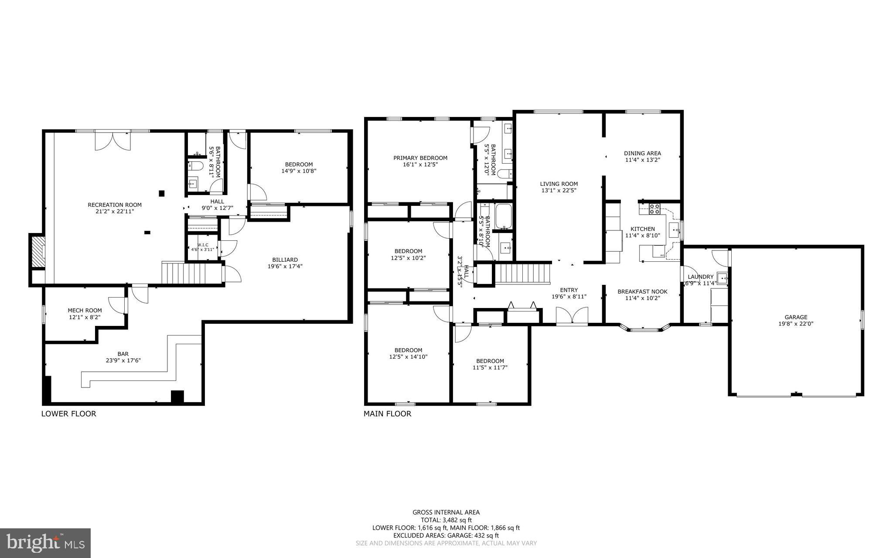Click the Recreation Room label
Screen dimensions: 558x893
[115, 205]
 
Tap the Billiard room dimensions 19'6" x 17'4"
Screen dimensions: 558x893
[285, 266]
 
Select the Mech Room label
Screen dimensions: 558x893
[85, 311]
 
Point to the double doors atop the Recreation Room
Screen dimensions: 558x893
[112, 140]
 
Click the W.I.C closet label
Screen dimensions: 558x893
[203, 245]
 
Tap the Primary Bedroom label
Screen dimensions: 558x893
[420, 158]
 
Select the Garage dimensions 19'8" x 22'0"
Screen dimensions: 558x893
[796, 324]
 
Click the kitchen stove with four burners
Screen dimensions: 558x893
[654, 209]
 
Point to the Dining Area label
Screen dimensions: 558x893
[642, 153]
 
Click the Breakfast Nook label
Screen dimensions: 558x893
[642, 292]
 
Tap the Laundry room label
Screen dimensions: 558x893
[700, 277]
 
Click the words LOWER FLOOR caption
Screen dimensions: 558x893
[68, 414]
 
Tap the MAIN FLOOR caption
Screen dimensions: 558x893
[387, 414]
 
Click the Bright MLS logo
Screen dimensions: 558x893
[45, 543]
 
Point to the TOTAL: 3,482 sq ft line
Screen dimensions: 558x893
[446, 520]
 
